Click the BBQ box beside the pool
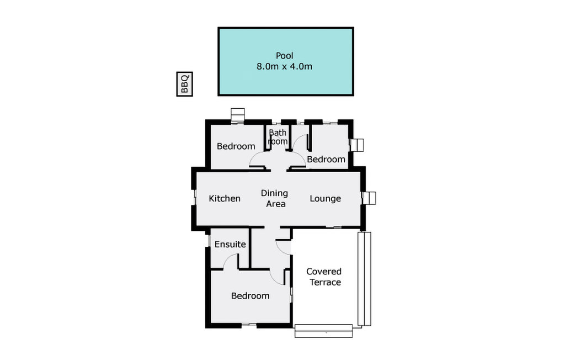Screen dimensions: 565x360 point(184,84)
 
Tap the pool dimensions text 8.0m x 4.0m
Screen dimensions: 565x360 point(284,66)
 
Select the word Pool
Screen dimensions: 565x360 point(284,56)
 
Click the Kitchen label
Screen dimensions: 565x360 point(225,198)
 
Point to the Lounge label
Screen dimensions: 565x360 point(326,199)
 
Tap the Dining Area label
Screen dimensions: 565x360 point(275,198)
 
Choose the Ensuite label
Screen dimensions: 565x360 point(230,244)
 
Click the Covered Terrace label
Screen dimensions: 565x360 point(324,277)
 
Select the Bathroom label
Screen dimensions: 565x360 point(278,137)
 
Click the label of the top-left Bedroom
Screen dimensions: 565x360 point(236,146)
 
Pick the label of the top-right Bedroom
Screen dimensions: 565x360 point(326,159)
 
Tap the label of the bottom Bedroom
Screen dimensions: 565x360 point(250,296)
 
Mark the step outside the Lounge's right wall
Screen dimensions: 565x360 point(369,198)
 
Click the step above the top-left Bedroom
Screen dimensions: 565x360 point(237,115)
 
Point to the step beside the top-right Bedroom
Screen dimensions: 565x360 point(357,145)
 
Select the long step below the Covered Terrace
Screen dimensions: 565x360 point(323,331)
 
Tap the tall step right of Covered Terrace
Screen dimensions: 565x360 point(364,279)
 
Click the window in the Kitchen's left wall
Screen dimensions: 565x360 point(194,198)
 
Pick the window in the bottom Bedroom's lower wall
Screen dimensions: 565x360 point(249,325)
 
